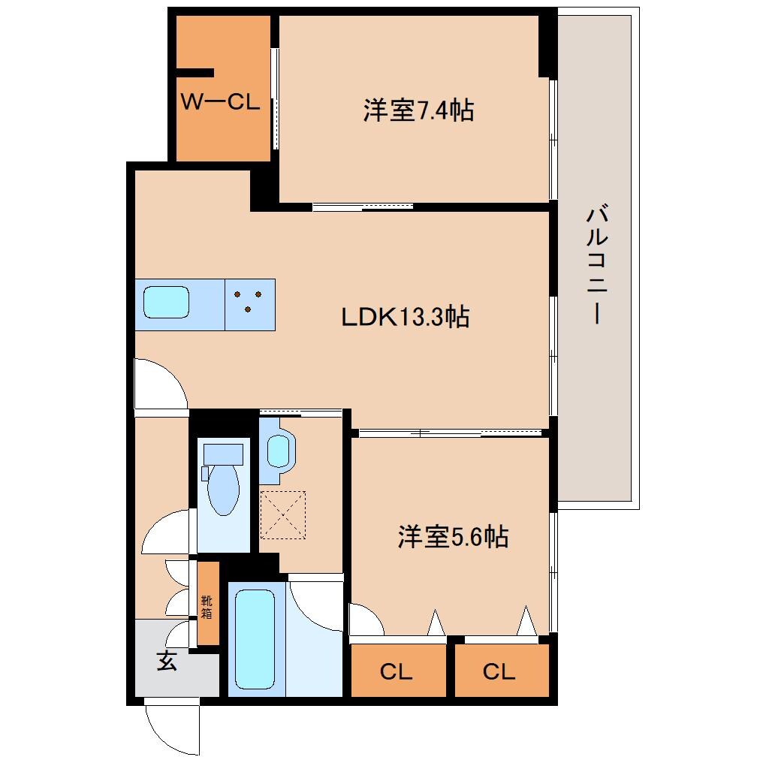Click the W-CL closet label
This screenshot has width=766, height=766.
(220, 102)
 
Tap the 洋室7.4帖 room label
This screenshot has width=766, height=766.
(418, 111)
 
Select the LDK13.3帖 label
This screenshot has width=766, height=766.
(405, 317)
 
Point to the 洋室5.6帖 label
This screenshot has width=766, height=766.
(453, 537)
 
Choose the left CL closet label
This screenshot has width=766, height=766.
(396, 671)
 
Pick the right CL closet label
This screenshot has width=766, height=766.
(499, 671)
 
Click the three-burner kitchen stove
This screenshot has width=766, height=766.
(249, 304)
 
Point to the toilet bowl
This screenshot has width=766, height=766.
(223, 488)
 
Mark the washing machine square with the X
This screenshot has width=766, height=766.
(282, 515)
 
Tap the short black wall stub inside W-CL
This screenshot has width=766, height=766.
(195, 73)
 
